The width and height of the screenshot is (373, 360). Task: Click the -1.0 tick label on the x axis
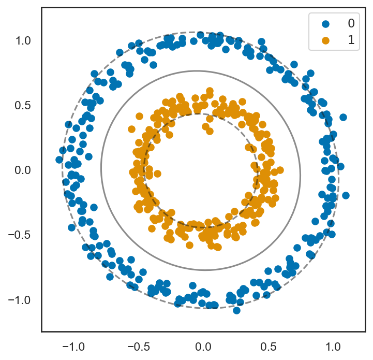tap(72, 345)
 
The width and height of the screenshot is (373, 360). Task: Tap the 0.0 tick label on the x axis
tap(204, 345)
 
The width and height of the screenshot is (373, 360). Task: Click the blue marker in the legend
tap(325, 23)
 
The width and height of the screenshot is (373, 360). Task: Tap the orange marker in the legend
tap(325, 40)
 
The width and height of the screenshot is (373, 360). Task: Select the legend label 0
tap(351, 23)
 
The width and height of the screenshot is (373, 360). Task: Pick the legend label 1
tap(351, 40)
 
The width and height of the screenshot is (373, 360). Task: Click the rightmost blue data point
tap(346, 195)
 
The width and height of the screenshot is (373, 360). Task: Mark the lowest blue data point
tap(236, 310)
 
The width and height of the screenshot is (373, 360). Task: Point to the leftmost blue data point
tap(59, 160)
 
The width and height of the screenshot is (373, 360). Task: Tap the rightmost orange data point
tap(280, 170)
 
